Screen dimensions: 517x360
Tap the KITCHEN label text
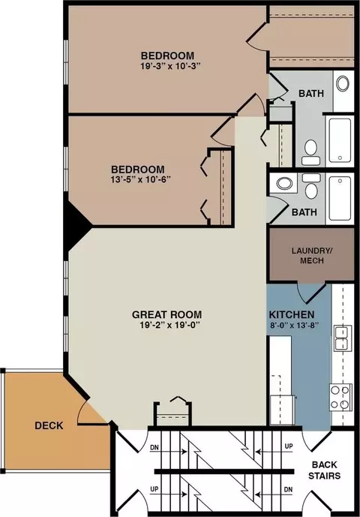pos(292,314)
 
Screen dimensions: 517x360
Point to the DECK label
pos(49,425)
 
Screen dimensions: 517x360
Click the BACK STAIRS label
pos(326,470)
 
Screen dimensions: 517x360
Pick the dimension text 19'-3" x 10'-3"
pos(168,66)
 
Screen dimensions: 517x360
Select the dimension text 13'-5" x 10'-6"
pos(137,179)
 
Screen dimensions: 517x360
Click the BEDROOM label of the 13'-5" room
pos(137,169)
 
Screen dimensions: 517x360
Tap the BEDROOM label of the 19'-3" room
pos(168,56)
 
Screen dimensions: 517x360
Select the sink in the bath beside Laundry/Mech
pos(284,183)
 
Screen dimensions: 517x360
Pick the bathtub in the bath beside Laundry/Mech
pos(339,197)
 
